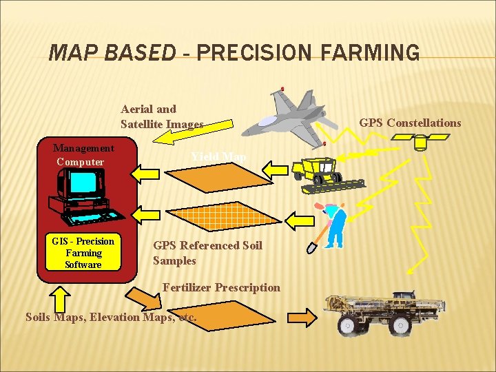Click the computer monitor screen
tap(83, 183)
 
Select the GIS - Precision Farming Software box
tap(83, 253)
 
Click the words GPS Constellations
tap(410, 123)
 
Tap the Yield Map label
tap(218, 157)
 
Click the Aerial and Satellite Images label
tap(161, 116)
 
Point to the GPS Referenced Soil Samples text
tap(207, 253)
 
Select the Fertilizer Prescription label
tap(221, 287)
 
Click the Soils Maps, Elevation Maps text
tap(111, 318)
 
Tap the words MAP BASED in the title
tap(113, 52)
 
